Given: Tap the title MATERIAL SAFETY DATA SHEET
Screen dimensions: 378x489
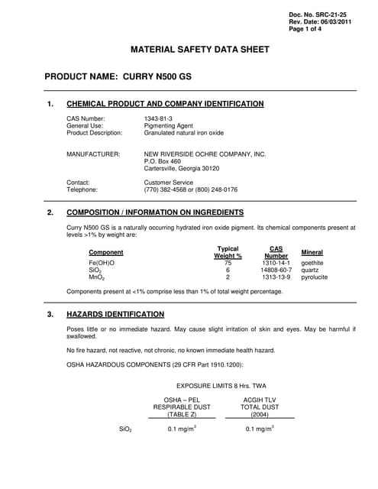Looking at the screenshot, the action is [201, 50].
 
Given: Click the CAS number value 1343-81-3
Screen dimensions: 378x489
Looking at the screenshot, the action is [158, 118].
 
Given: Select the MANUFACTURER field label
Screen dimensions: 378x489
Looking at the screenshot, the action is [93, 154].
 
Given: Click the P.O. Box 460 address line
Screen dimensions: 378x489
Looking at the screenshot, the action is [162, 161].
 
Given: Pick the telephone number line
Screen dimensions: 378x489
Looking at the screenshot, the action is [190, 189].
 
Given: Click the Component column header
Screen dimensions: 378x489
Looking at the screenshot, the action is [106, 253].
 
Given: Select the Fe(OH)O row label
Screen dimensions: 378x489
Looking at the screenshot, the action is [102, 263].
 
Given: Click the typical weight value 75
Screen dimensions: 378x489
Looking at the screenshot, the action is [228, 263].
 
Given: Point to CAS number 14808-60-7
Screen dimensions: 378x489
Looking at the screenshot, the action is [276, 270].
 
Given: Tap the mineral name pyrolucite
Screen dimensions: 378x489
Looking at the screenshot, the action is [315, 277].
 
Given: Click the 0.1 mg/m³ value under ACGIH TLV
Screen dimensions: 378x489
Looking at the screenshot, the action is [260, 429].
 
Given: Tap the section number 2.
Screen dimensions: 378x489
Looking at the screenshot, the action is [50, 212].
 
